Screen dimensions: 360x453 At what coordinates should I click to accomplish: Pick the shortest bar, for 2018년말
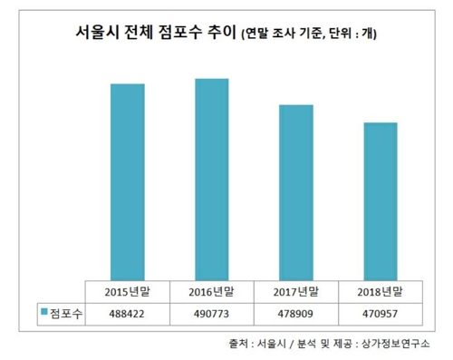(x=379, y=200)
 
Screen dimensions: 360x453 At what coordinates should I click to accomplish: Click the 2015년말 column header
(x=128, y=292)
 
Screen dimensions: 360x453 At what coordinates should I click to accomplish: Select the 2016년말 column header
(x=211, y=292)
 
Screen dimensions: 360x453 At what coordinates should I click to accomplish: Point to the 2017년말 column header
(x=295, y=292)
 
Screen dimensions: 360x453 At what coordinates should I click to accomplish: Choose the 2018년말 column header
(x=379, y=292)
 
